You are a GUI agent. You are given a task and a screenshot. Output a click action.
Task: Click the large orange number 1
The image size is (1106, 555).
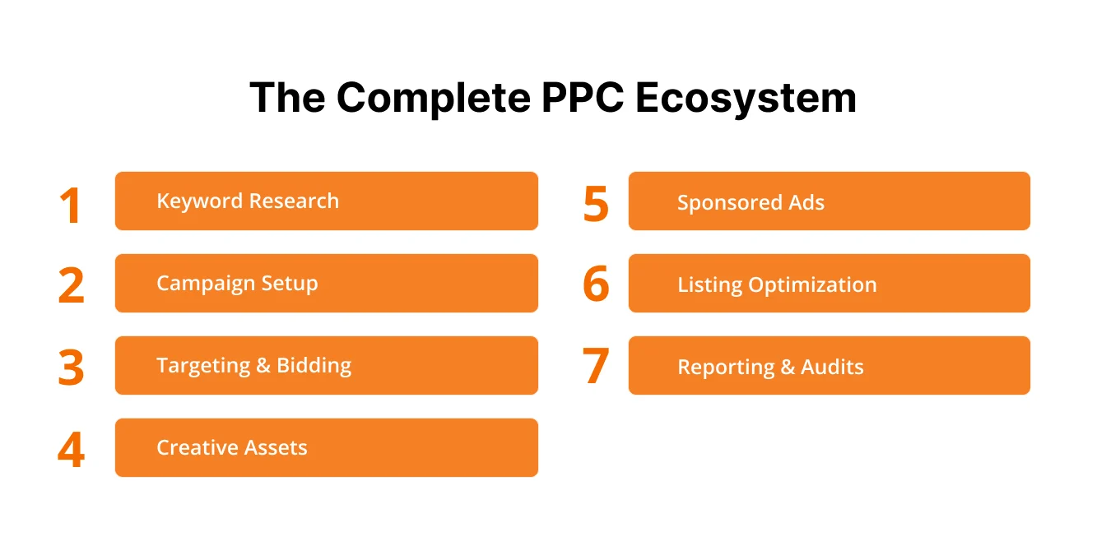72,205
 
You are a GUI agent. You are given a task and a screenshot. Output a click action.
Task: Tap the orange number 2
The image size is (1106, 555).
72,285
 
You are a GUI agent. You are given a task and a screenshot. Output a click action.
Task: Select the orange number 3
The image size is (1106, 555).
72,368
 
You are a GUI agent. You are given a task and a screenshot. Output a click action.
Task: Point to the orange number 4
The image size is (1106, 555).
72,450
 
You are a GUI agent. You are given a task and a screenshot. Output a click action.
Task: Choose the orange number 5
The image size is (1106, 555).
596,205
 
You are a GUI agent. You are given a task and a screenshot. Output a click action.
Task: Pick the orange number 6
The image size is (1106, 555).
596,285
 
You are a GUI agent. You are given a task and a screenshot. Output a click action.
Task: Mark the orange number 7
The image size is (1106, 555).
596,368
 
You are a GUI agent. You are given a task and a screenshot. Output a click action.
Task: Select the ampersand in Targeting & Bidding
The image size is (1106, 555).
263,366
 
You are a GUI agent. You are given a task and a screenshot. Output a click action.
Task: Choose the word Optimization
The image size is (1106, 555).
812,285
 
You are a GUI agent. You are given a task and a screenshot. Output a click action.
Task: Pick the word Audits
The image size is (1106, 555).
833,368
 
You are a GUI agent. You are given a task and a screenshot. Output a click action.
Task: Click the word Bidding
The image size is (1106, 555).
314,366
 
